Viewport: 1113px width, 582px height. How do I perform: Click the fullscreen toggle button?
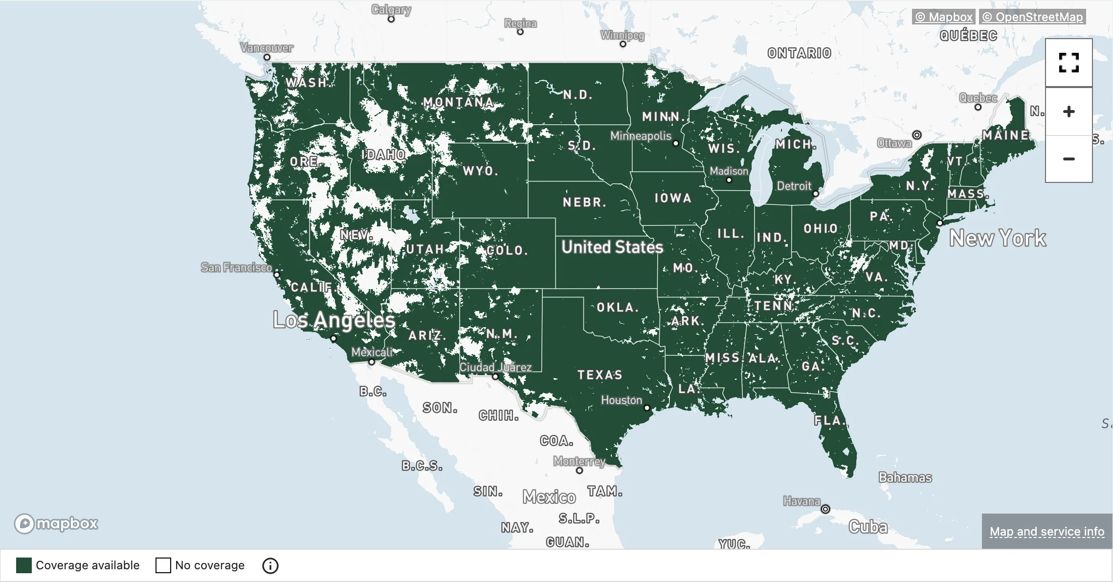coord(1068,63)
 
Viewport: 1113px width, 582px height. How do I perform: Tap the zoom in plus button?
coord(1068,112)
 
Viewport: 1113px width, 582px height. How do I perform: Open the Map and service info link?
coord(1046,532)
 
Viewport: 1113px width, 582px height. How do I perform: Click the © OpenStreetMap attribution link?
coord(1032,17)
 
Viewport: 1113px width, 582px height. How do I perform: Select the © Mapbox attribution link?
coord(944,17)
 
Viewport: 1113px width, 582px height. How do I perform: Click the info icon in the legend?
coord(270,565)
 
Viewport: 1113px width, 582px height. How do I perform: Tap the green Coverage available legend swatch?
coord(24,565)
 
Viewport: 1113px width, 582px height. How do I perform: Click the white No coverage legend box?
coord(163,565)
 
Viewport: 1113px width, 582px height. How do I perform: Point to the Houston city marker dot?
coord(647,408)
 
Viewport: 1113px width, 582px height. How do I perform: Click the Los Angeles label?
coord(334,320)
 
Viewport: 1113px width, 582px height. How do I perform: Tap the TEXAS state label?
coord(600,375)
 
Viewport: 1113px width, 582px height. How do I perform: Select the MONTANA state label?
coord(458,102)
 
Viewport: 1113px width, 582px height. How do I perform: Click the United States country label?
coord(612,247)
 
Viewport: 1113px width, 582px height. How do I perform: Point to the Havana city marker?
coord(825,509)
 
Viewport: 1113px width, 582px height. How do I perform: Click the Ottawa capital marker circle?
coord(917,135)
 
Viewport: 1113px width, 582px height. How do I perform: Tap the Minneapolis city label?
coord(641,136)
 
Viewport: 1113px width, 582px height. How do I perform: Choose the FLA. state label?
coord(829,421)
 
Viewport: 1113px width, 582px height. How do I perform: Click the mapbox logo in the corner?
coord(56,523)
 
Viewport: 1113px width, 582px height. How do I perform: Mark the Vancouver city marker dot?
coord(267,57)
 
